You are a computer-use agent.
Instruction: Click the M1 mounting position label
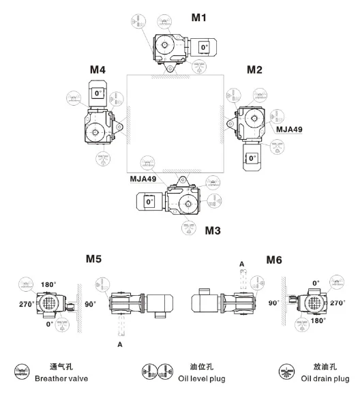click(198, 18)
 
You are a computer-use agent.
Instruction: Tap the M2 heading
click(254, 70)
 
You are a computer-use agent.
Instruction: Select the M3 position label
click(213, 230)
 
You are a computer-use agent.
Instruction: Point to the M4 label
click(97, 70)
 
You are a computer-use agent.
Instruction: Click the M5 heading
click(93, 258)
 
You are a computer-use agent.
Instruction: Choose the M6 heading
click(274, 260)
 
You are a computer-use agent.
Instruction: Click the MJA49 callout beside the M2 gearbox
click(289, 130)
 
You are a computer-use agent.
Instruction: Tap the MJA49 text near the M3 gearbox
click(142, 179)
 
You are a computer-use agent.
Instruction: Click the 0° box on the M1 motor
click(204, 47)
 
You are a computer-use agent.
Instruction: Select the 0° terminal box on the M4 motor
click(98, 93)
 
